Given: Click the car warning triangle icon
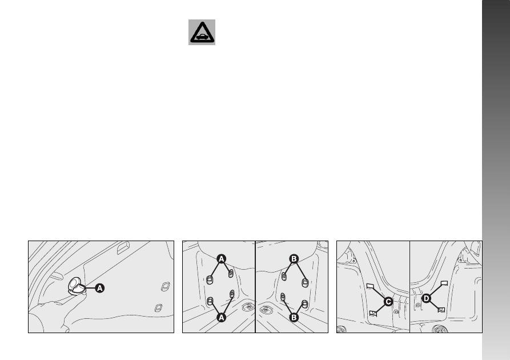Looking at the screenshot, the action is [x=202, y=32].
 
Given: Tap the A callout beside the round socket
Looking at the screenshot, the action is [x=100, y=288].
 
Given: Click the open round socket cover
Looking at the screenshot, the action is [x=77, y=286].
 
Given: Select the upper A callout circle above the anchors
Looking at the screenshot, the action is [x=221, y=259].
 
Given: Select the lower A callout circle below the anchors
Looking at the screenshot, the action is [x=221, y=317].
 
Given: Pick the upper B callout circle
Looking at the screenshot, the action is [x=294, y=259].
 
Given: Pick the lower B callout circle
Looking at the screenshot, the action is [x=294, y=317].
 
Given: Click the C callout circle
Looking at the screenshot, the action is [x=388, y=302].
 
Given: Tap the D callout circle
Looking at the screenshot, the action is [x=426, y=298].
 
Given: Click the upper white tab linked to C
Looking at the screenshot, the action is [x=371, y=286].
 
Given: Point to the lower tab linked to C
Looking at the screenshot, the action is [x=373, y=314].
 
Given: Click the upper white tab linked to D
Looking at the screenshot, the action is [x=444, y=283].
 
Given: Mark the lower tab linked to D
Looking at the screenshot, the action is [x=441, y=310].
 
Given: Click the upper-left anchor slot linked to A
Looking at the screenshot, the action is [x=210, y=280].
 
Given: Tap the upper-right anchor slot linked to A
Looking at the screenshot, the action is [x=231, y=273].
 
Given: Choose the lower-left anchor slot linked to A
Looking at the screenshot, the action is [x=210, y=301].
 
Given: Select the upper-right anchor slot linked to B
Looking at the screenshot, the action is [x=305, y=282].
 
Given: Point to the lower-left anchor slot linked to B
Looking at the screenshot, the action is [x=283, y=297].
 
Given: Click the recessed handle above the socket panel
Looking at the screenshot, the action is [x=123, y=248].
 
